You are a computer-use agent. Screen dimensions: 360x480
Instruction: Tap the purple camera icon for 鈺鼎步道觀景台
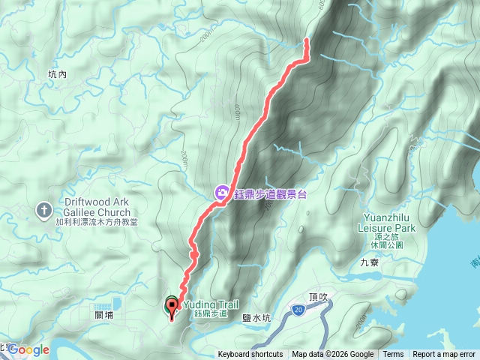click(x=222, y=193)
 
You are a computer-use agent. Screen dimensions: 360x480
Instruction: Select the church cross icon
click(x=44, y=211)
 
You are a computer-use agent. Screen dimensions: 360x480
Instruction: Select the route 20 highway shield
click(x=298, y=309)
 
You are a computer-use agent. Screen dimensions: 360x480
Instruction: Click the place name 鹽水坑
click(x=256, y=318)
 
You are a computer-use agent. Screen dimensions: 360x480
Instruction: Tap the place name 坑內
click(x=57, y=74)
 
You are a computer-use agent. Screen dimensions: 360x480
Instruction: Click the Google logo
click(x=28, y=349)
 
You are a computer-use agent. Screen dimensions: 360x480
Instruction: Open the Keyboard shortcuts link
click(x=250, y=355)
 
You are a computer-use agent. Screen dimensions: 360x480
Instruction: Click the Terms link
click(x=393, y=355)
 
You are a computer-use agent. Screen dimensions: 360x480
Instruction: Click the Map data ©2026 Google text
click(x=333, y=355)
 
